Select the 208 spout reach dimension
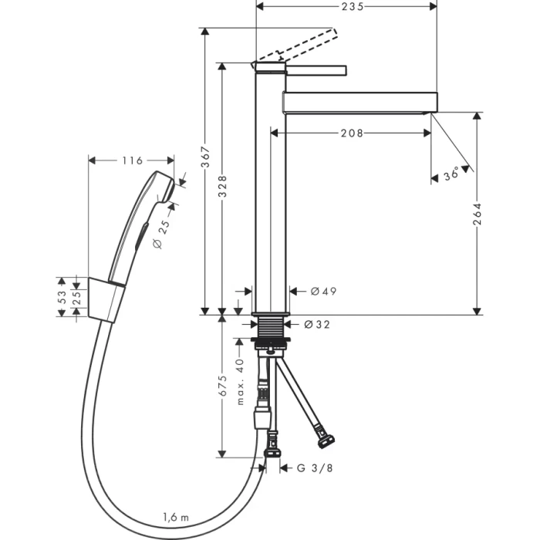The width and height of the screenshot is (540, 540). [x=352, y=133]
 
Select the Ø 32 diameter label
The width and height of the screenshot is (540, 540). [x=317, y=325]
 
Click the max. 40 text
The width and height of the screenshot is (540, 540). [x=240, y=382]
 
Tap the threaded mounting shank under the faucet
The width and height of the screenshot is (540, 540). [x=271, y=327]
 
